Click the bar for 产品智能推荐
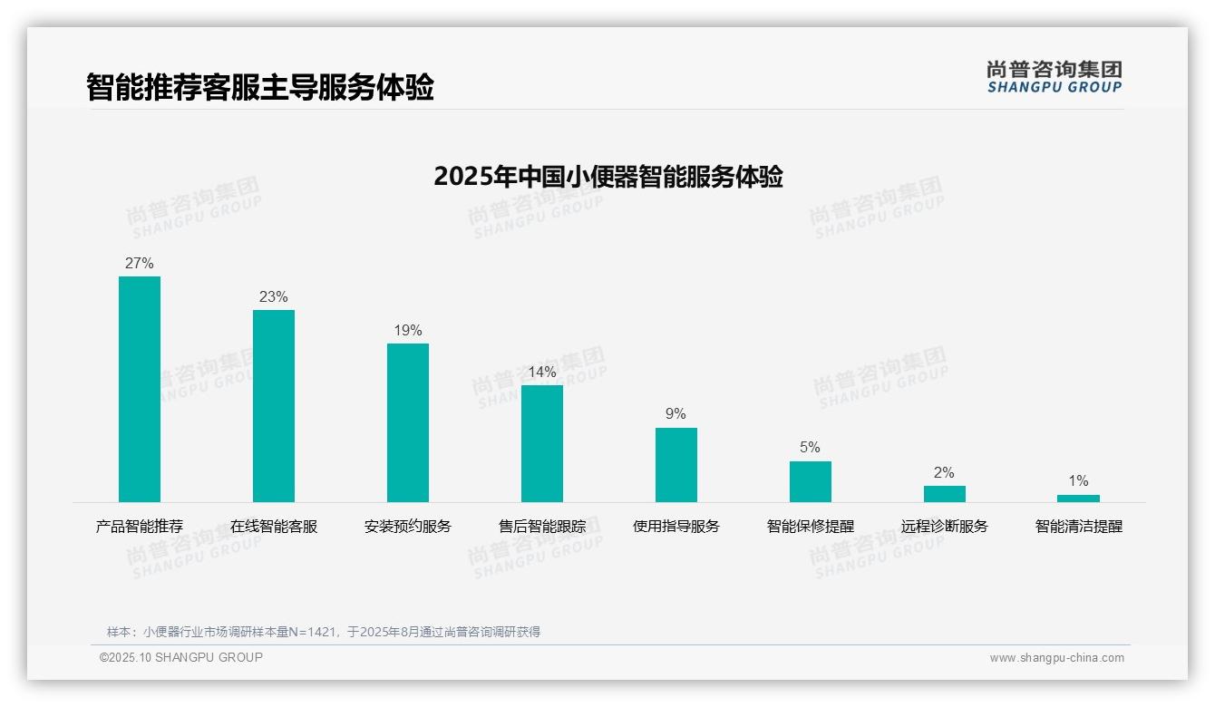point(140,389)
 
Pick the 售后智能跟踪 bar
point(542,443)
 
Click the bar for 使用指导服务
point(676,465)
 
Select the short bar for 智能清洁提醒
point(1078,499)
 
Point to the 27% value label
point(140,264)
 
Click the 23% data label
point(274,297)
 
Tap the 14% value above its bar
point(542,373)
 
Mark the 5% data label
point(810,448)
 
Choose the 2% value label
point(944,473)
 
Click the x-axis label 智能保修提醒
point(810,527)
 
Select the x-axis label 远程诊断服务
point(944,527)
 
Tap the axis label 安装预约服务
point(408,527)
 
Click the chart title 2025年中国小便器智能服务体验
point(607,177)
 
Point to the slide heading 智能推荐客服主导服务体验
point(260,87)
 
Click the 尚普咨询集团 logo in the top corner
point(1055,77)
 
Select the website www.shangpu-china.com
point(1056,658)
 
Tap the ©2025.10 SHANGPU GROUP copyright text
point(181,657)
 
